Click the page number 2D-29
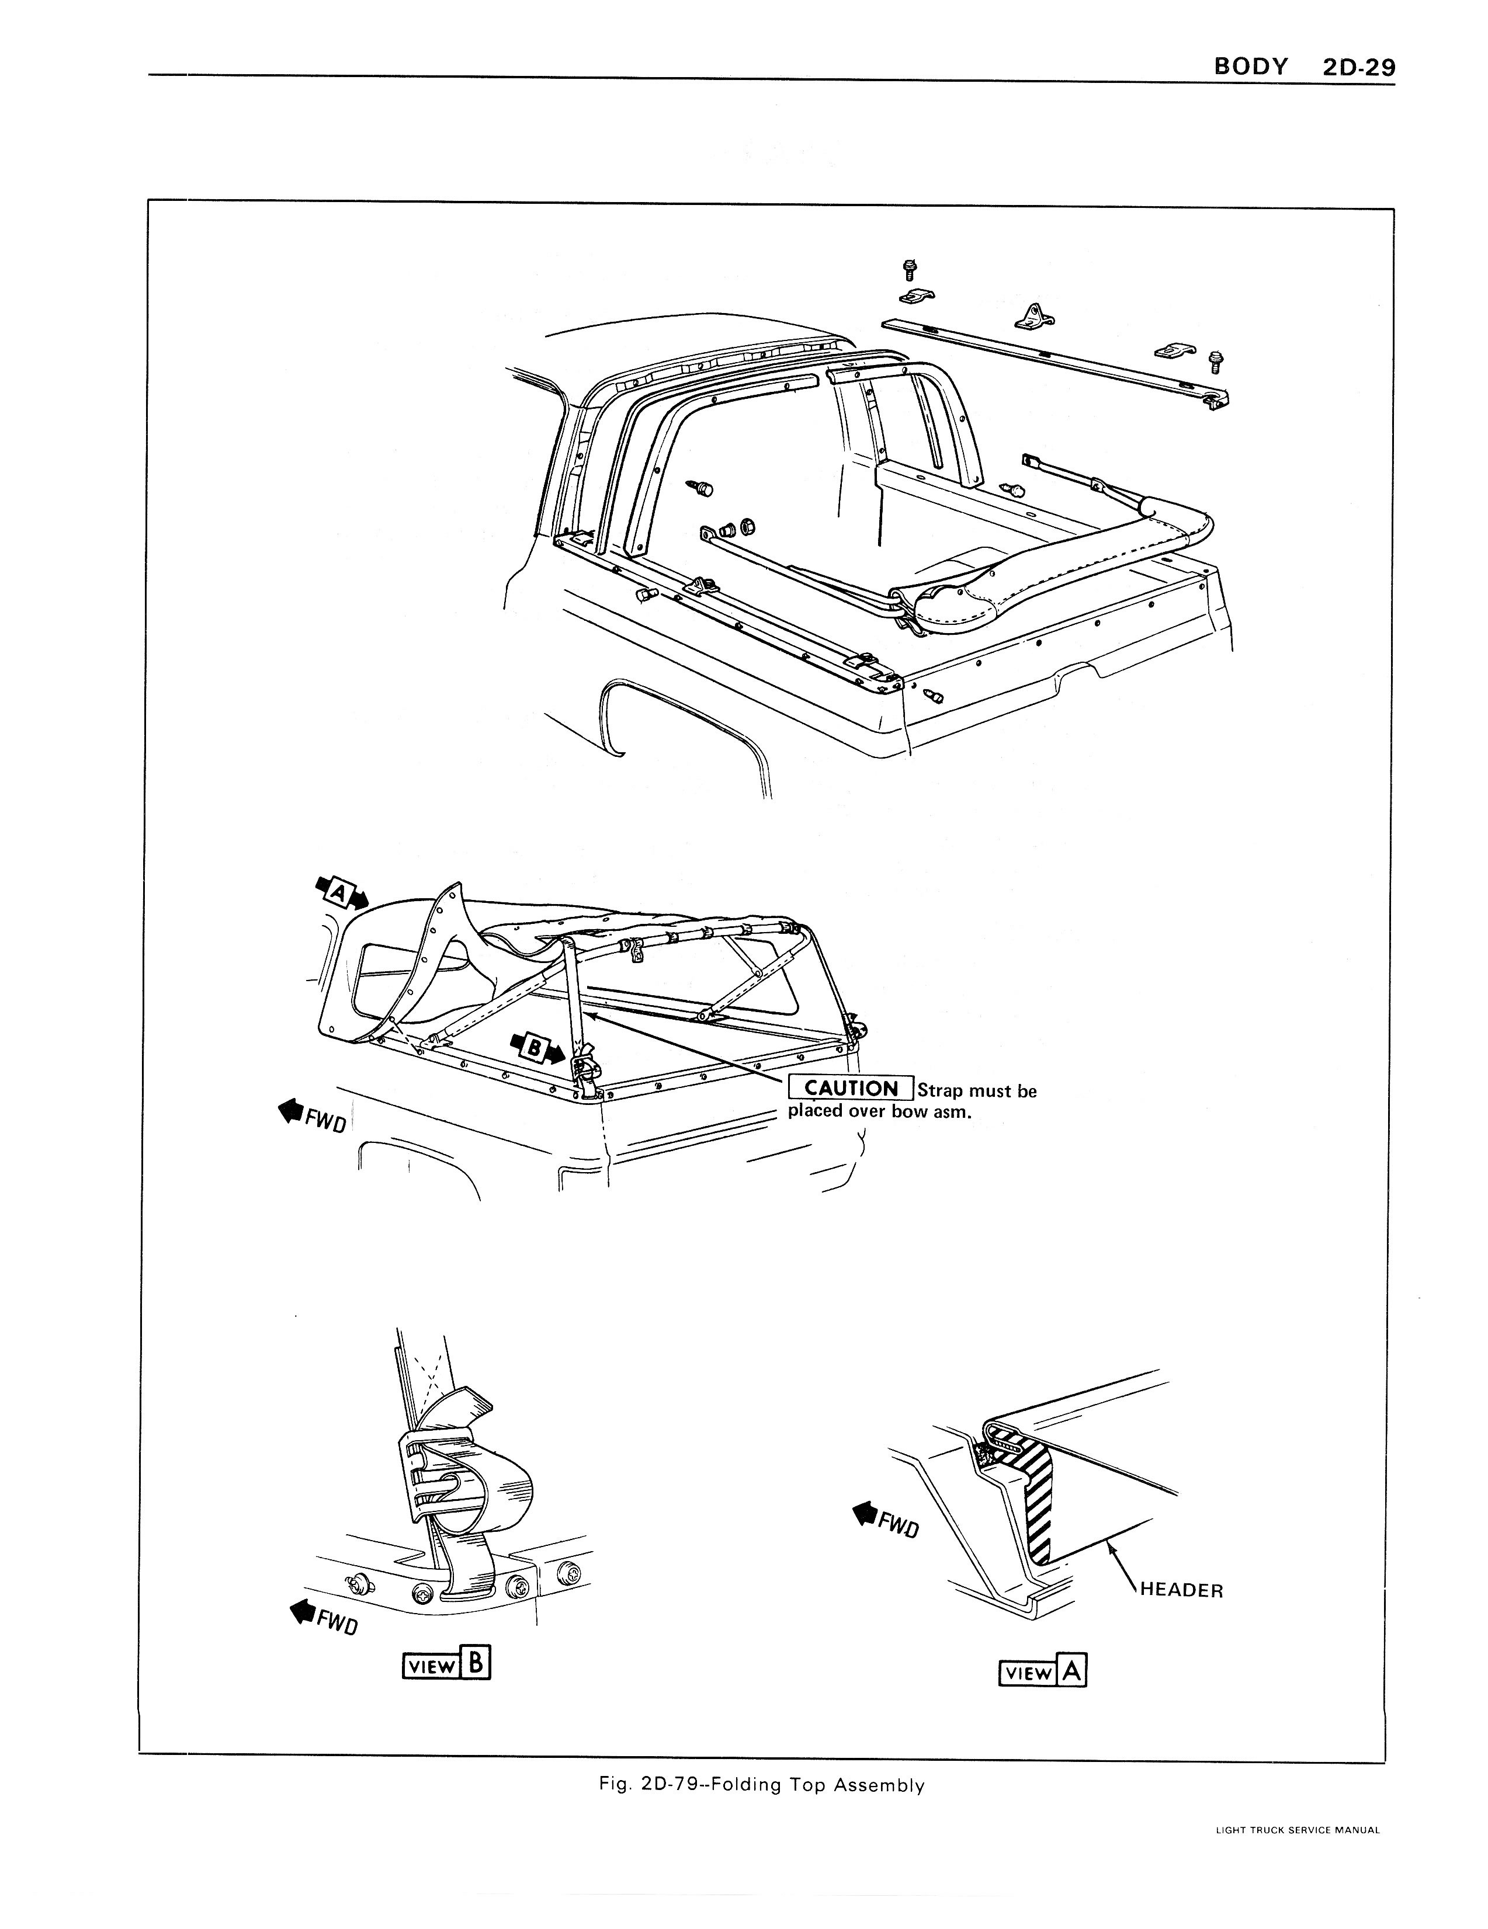click(1358, 67)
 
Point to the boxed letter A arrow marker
click(340, 894)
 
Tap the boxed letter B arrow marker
click(536, 1048)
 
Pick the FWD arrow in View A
click(886, 1521)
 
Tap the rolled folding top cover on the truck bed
click(1060, 565)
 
